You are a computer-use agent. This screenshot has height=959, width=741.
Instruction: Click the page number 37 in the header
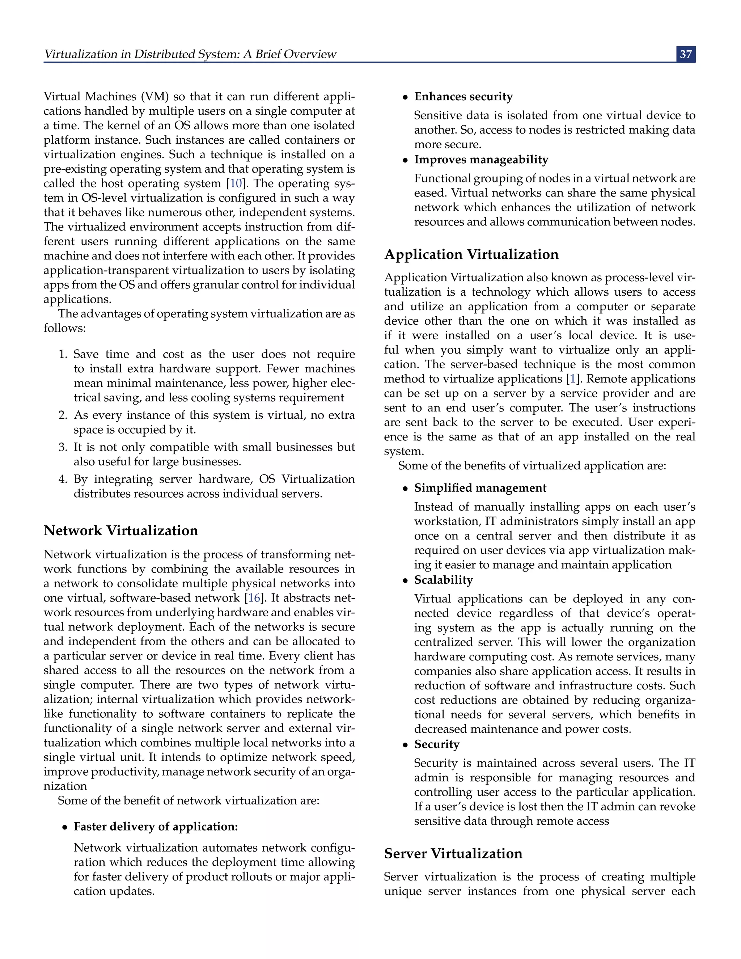(686, 54)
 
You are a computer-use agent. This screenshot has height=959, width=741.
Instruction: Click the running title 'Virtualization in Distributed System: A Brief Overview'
(190, 54)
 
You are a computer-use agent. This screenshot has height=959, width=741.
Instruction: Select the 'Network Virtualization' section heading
(121, 531)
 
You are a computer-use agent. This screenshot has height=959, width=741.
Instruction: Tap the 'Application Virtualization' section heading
(471, 254)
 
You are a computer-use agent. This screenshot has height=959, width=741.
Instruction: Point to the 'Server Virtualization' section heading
(453, 853)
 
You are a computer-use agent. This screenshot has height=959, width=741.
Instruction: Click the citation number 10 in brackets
(236, 183)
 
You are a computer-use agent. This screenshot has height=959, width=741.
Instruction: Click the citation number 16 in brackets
(254, 597)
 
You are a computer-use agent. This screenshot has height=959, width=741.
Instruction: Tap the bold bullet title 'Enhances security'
(463, 96)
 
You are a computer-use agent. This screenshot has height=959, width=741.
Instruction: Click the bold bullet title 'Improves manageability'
(481, 159)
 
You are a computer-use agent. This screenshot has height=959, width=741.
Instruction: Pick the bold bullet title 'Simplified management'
(480, 488)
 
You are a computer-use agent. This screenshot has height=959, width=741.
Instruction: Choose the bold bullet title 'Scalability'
(443, 580)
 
